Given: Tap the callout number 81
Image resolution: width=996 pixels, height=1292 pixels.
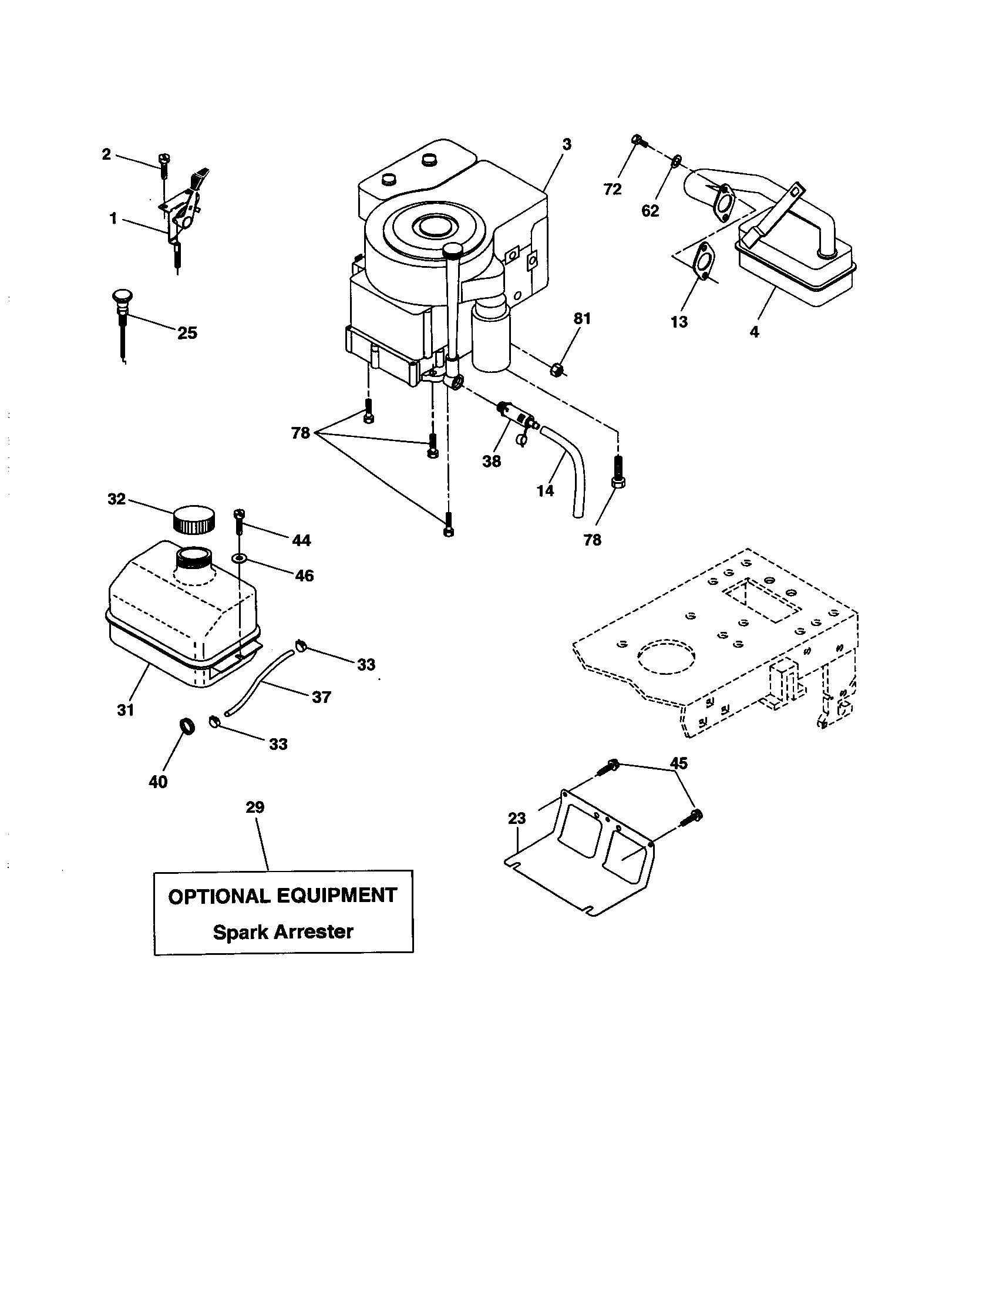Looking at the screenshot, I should [582, 319].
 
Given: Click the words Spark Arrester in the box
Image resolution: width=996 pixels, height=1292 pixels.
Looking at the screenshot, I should [282, 933].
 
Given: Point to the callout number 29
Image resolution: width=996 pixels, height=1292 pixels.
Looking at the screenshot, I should [255, 807].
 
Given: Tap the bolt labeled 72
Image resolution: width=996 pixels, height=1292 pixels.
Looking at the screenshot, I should [638, 140].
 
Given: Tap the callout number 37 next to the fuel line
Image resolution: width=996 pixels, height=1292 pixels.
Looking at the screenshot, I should [321, 697].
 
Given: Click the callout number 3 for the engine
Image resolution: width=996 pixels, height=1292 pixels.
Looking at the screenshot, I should [567, 144].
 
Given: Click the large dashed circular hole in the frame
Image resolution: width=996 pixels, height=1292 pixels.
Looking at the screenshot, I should [666, 655].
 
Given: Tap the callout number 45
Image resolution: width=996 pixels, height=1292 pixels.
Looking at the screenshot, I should [678, 763].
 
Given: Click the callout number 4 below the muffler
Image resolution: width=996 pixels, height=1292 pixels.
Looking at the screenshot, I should [754, 332].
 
